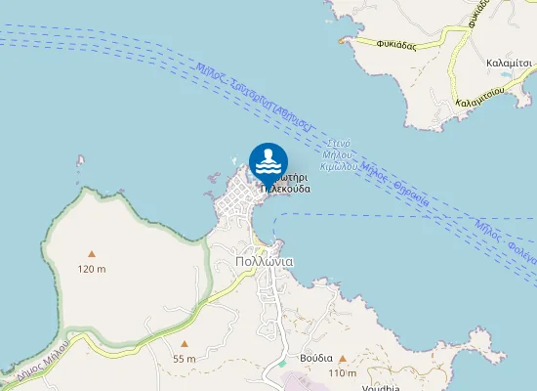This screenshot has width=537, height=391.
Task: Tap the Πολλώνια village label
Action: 265,262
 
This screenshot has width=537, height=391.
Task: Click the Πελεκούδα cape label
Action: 286,189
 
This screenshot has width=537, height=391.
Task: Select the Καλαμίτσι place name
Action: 509,62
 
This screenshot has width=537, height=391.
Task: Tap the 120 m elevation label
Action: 92,269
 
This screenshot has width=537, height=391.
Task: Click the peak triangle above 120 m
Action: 92,254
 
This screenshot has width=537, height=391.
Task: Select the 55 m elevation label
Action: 184,359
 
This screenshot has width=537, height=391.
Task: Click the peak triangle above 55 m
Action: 184,344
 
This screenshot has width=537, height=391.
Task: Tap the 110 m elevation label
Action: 342,373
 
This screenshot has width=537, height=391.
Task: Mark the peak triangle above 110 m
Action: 342,359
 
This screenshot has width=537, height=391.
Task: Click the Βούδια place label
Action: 316,358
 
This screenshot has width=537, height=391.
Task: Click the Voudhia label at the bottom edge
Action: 377,387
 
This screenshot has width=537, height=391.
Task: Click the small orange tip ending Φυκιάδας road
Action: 342,40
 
